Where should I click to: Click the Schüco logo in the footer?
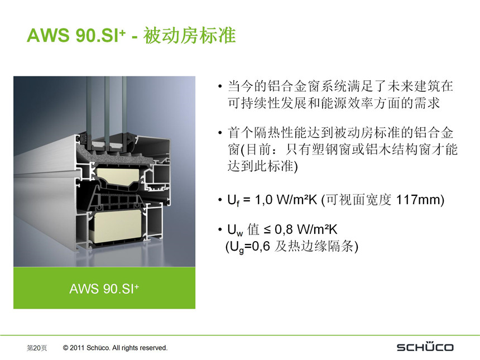[x=425, y=347]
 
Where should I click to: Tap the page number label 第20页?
[x=37, y=348]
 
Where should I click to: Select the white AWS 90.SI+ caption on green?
[x=104, y=289]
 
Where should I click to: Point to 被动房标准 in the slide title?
[x=190, y=35]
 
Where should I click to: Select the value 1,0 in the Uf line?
[x=263, y=200]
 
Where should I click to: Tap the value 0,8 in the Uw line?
[x=284, y=229]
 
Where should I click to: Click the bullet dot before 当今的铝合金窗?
[x=220, y=87]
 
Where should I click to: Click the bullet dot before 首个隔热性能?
[x=220, y=133]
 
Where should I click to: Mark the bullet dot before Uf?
[x=220, y=200]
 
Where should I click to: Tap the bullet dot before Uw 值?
[x=220, y=229]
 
